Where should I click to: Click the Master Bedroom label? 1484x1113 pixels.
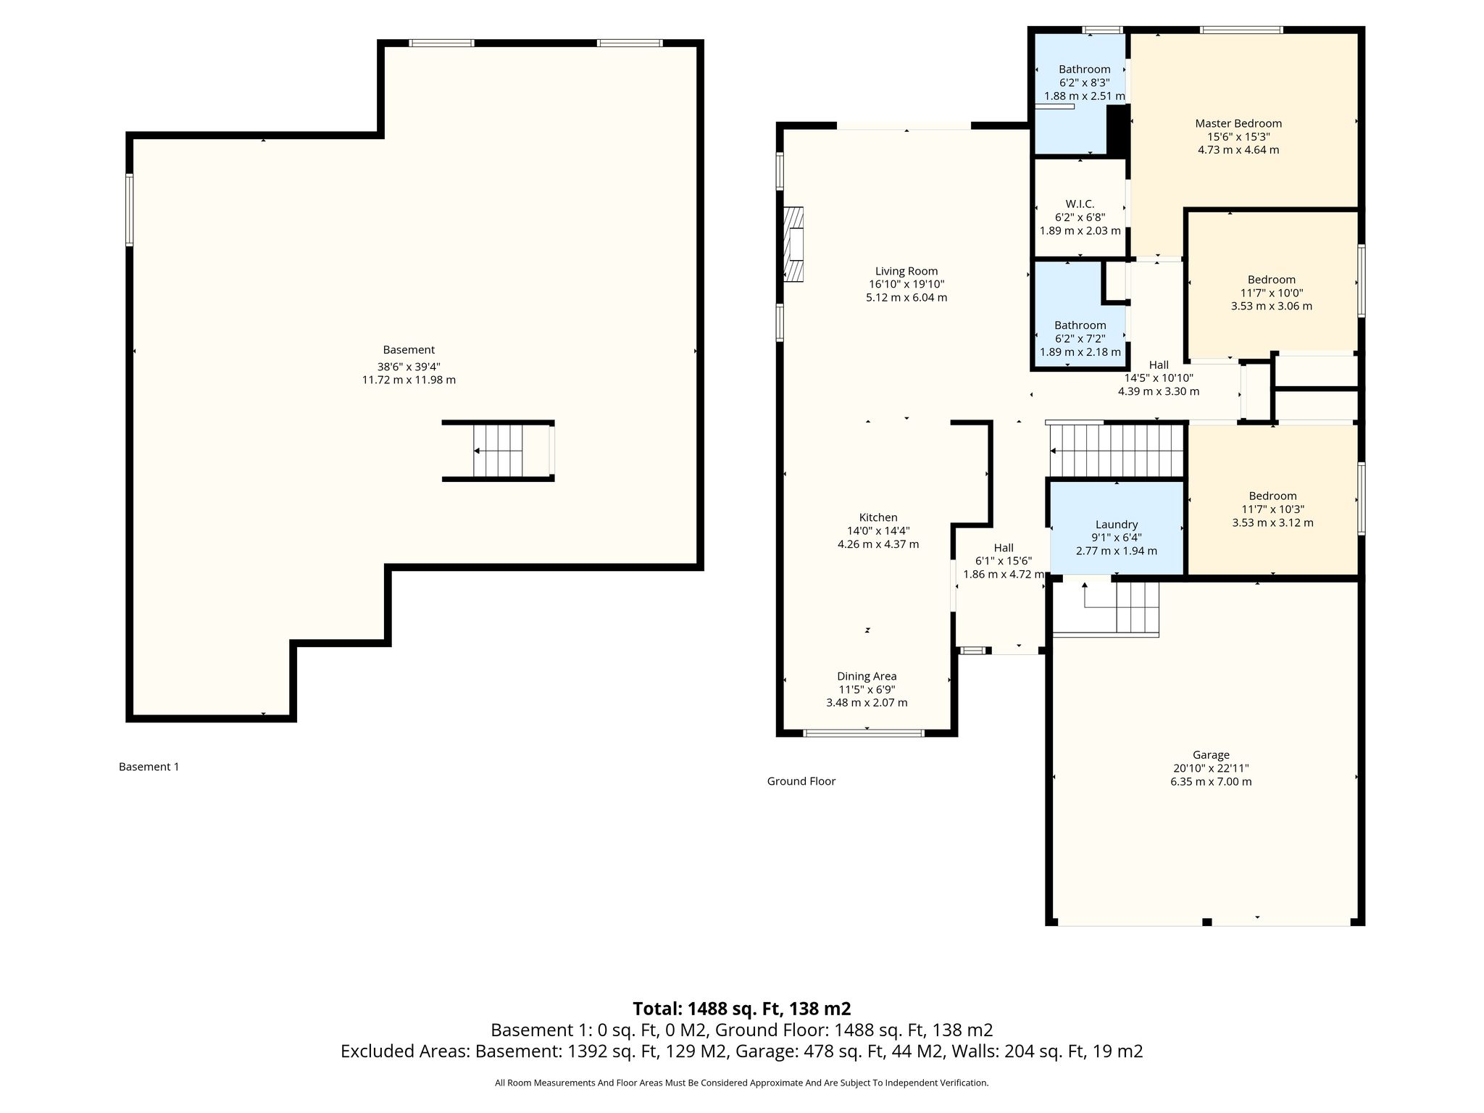(1238, 123)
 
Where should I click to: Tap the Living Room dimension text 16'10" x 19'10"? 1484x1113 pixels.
(906, 284)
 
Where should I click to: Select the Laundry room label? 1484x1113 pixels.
(1117, 525)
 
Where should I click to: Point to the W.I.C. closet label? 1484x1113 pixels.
(1080, 204)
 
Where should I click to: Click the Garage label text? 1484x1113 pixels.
(1211, 755)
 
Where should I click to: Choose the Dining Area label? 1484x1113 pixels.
(867, 676)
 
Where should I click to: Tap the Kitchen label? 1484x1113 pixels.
(878, 517)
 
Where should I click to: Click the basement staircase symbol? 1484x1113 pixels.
(498, 451)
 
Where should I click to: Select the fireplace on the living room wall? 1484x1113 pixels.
(794, 244)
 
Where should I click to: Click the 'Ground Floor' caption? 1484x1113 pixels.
(801, 781)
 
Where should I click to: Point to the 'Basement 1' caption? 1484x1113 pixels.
(149, 767)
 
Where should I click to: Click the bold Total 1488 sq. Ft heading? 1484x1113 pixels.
(742, 1009)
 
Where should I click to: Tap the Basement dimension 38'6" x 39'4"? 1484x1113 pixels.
(409, 367)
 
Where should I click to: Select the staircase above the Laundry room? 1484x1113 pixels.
(1116, 451)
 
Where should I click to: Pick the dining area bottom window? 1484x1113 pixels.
(864, 733)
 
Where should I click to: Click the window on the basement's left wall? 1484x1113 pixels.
(130, 210)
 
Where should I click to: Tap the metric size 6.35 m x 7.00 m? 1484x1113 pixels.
(1211, 782)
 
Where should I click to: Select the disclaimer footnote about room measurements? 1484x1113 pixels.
(742, 1083)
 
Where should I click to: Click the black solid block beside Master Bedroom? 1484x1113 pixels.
(1118, 130)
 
